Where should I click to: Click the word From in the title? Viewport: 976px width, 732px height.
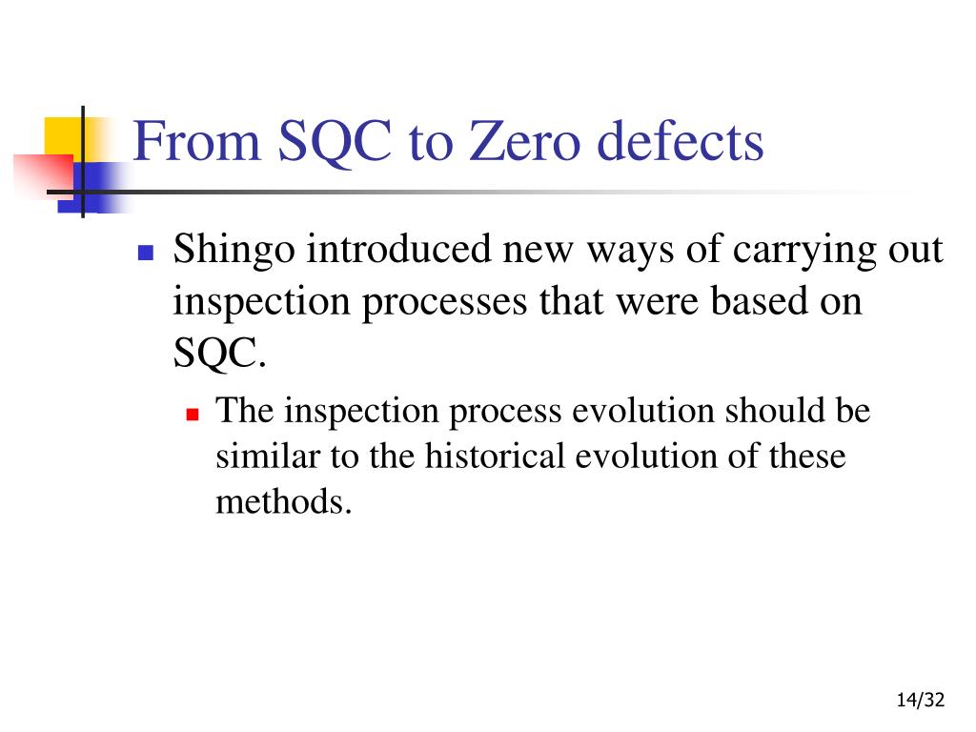[x=196, y=141]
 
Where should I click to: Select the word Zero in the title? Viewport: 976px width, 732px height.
[x=524, y=141]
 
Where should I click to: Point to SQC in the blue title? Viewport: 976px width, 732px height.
[x=335, y=143]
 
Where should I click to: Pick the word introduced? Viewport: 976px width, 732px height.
[x=399, y=249]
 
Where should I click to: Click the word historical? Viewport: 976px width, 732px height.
[x=495, y=456]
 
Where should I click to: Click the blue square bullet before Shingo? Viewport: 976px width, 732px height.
[x=146, y=252]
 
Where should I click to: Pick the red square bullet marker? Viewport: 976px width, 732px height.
[x=193, y=414]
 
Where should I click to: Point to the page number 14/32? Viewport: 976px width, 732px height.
[x=921, y=700]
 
